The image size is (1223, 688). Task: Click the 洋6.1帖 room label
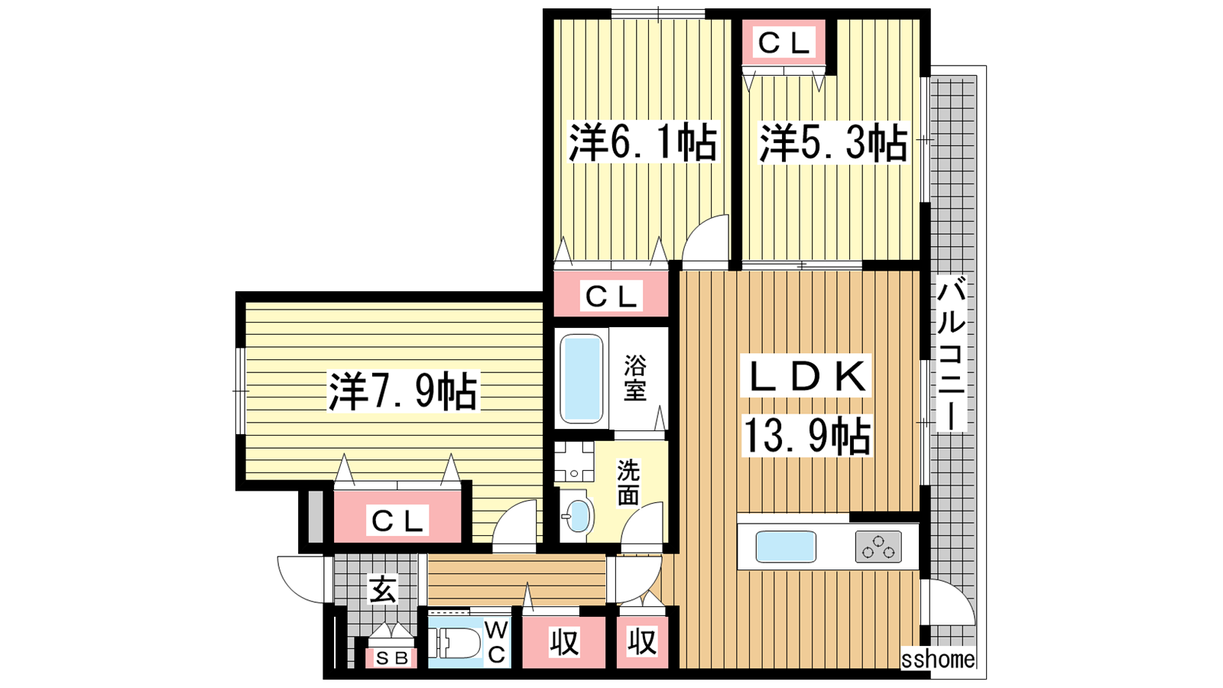(643, 142)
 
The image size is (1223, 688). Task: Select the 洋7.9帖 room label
(404, 391)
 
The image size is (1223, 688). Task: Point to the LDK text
(806, 376)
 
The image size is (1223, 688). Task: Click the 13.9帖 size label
(807, 436)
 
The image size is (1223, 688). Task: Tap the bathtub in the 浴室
(582, 378)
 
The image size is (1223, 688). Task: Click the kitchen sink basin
(786, 547)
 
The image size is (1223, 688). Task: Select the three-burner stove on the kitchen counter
(878, 547)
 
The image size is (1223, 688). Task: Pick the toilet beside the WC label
(455, 642)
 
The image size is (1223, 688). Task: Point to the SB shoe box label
(391, 658)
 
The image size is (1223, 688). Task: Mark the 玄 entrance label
(383, 589)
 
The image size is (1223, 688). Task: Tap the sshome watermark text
(937, 659)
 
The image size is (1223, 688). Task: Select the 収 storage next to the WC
(564, 642)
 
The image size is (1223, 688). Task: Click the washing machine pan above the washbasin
(574, 462)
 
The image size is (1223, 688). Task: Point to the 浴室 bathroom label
(635, 378)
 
